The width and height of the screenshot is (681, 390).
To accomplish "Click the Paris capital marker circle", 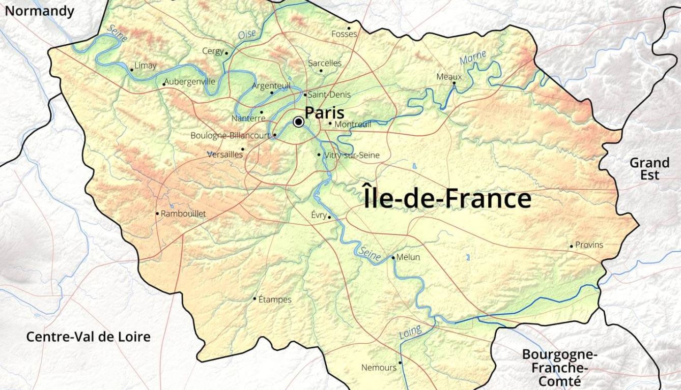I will [x=299, y=122].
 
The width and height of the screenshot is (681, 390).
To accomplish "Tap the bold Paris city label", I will [x=324, y=112].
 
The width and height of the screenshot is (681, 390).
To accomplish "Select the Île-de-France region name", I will [x=447, y=198].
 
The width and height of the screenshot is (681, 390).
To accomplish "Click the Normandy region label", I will [x=40, y=11].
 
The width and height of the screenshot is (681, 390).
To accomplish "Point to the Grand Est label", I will [x=649, y=169].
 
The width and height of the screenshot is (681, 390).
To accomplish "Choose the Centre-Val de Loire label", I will [x=89, y=337].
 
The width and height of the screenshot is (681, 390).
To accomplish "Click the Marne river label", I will [x=473, y=57].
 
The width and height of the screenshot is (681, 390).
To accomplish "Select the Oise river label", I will [x=247, y=35].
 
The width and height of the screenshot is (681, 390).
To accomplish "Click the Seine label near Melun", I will [x=369, y=254].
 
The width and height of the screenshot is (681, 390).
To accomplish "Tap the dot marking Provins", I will [x=571, y=246].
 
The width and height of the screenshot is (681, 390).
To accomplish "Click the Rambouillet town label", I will [x=183, y=214].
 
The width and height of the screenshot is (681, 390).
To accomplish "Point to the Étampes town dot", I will [x=255, y=298].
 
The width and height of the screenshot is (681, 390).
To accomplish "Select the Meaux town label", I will [x=449, y=77].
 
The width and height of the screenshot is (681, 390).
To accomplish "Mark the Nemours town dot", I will [x=400, y=363].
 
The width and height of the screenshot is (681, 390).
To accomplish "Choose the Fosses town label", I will [x=344, y=34].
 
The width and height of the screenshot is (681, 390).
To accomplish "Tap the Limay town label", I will [x=146, y=66].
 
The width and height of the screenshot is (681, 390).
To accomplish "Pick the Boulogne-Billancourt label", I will [x=230, y=136].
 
